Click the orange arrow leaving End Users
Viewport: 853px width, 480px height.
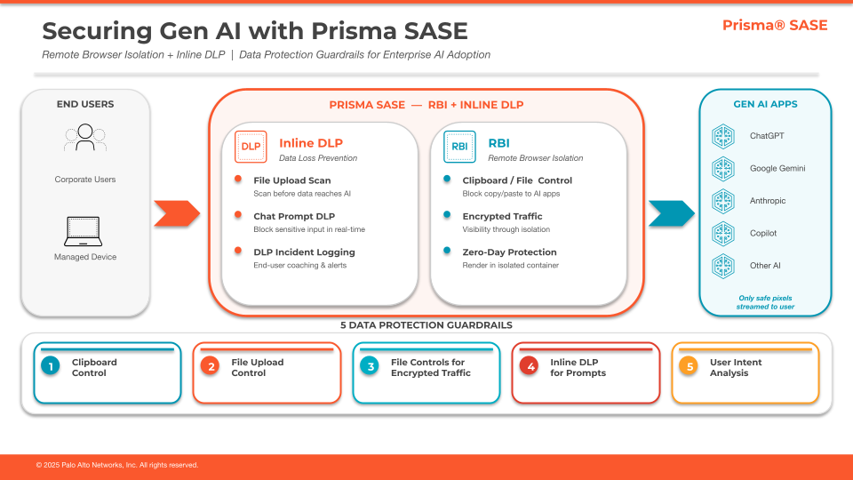tap(177, 213)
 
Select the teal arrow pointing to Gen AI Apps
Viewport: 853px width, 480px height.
tap(672, 213)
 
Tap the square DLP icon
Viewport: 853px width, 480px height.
tap(251, 147)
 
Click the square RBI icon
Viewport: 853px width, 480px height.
tap(459, 147)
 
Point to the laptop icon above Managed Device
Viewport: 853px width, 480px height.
tap(84, 231)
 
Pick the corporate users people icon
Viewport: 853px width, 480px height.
tap(85, 138)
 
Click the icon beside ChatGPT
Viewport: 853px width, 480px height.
tap(723, 136)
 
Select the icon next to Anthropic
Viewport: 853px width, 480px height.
tap(723, 201)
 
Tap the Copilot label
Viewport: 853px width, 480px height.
tap(763, 234)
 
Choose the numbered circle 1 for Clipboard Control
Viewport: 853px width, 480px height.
tap(51, 366)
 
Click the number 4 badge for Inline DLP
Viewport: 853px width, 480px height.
tap(529, 366)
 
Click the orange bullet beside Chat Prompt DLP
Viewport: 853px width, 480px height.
tap(238, 214)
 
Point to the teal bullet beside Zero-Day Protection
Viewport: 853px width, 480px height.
tap(447, 251)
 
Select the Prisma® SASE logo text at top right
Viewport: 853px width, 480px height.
tap(775, 25)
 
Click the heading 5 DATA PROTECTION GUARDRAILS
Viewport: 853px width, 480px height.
tap(426, 325)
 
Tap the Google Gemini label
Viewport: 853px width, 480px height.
tap(777, 169)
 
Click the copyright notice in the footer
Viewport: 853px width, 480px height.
tap(117, 465)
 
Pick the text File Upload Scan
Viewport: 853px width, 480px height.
tap(292, 180)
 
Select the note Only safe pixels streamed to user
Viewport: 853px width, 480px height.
tap(765, 302)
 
